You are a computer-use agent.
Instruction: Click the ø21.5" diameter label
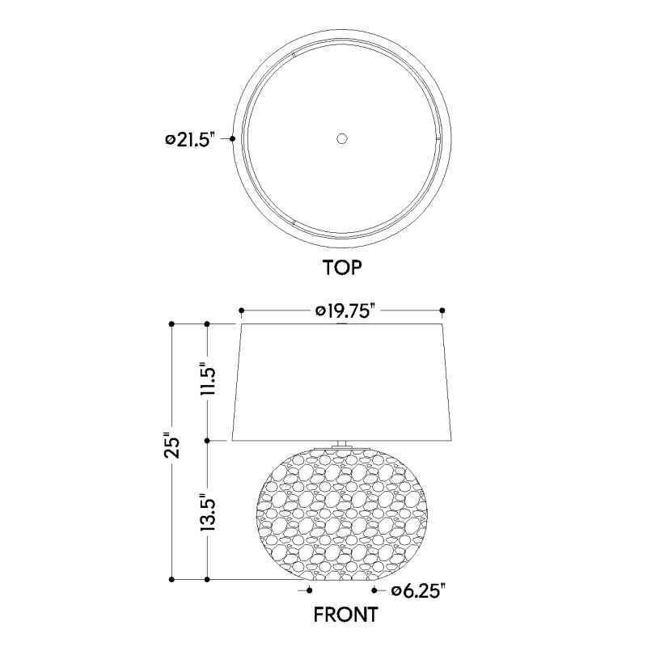tap(190, 139)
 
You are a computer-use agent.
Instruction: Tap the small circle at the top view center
tap(341, 138)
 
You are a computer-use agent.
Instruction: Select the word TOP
tap(342, 268)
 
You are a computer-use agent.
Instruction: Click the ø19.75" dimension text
tap(345, 311)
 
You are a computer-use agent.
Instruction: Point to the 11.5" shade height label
tap(209, 378)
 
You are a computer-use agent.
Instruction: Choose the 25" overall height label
tap(172, 445)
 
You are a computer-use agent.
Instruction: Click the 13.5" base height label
tap(209, 512)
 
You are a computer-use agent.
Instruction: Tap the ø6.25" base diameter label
tap(419, 591)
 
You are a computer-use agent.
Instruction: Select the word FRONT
tap(346, 615)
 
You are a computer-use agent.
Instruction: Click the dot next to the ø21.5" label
tap(232, 139)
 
